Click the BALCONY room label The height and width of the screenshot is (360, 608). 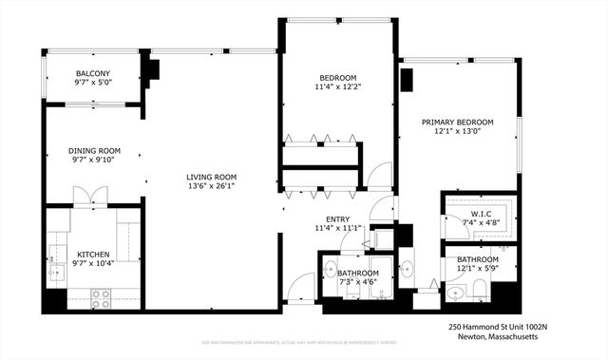point(93,74)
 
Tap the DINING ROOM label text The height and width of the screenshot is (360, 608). point(93,150)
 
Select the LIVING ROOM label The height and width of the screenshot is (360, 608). point(211,177)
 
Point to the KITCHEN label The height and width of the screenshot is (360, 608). point(66,254)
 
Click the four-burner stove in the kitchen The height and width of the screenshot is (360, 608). point(101,298)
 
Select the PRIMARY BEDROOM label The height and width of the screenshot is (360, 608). point(458,123)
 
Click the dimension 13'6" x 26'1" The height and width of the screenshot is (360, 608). point(211,187)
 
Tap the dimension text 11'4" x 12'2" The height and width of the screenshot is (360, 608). point(337,87)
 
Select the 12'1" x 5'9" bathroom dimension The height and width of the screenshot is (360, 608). point(477,270)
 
